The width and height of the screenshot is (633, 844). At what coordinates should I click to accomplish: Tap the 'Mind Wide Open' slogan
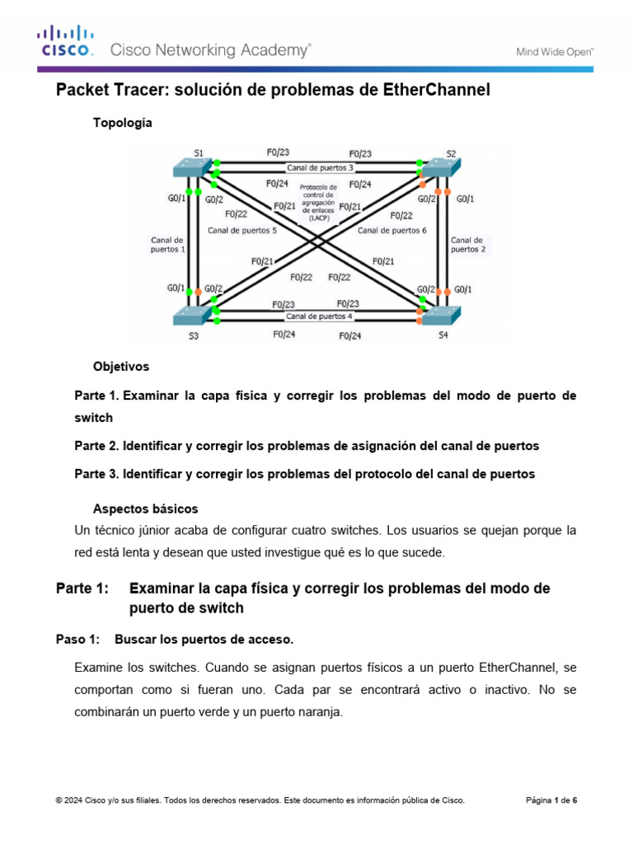click(555, 51)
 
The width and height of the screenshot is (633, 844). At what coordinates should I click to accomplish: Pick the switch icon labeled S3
click(190, 314)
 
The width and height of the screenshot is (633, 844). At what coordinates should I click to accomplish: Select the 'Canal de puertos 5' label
click(242, 231)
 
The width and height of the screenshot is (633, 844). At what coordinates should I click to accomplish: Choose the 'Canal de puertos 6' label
click(392, 231)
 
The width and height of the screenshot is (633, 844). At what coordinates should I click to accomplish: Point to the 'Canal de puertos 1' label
click(167, 244)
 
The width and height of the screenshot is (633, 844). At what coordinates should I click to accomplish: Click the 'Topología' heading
click(123, 123)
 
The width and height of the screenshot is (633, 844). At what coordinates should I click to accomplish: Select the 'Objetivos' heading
click(121, 366)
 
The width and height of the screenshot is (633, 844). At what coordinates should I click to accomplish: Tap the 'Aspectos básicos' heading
click(146, 509)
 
